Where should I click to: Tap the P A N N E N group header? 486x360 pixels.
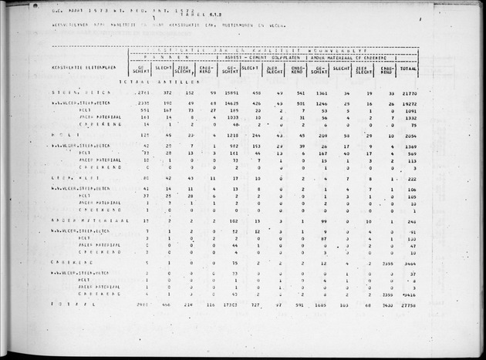pyautogui.click(x=169, y=56)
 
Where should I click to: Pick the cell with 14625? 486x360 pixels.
pyautogui.click(x=228, y=103)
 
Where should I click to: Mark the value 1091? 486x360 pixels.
pyautogui.click(x=409, y=110)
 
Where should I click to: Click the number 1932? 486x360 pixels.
pyautogui.click(x=409, y=117)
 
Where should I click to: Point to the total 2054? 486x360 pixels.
pyautogui.click(x=408, y=135)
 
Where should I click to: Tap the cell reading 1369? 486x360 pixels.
pyautogui.click(x=409, y=146)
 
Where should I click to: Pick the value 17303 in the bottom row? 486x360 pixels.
pyautogui.click(x=228, y=305)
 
